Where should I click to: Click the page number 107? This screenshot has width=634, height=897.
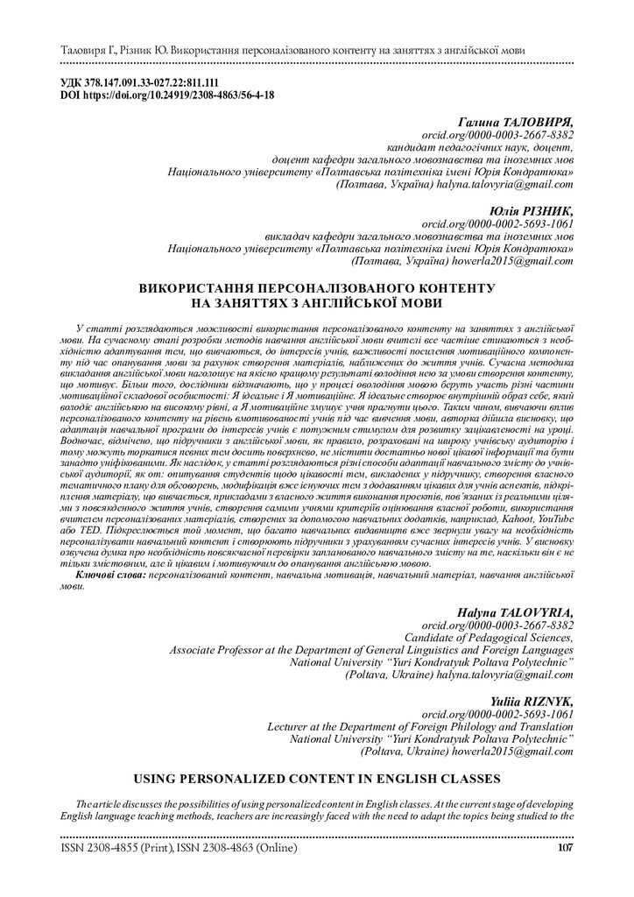pyautogui.click(x=565, y=848)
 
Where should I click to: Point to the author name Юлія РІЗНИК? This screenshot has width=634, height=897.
pyautogui.click(x=533, y=210)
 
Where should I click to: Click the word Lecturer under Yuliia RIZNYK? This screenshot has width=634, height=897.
pyautogui.click(x=290, y=715)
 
